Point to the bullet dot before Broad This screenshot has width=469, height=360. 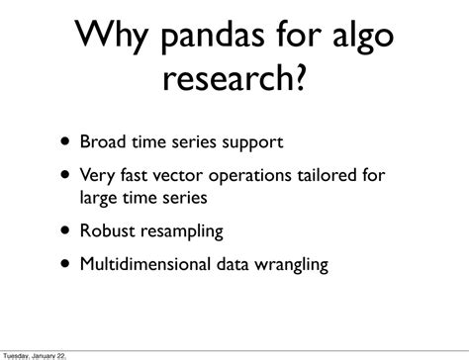click(x=64, y=141)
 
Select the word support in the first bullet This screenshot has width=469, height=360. click(x=254, y=143)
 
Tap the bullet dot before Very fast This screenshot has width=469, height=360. click(x=64, y=175)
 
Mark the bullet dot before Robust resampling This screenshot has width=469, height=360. click(x=64, y=230)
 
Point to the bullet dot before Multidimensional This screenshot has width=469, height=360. click(x=64, y=264)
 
